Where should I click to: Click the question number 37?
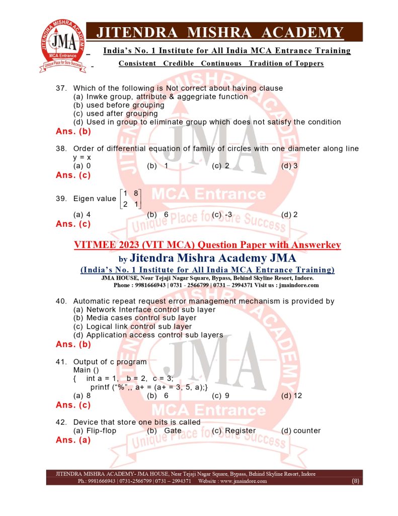[x=61, y=88]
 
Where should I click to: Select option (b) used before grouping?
[x=119, y=105]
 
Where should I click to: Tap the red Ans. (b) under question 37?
[x=73, y=132]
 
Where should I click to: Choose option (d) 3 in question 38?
[x=289, y=166]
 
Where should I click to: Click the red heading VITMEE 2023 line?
[x=207, y=245]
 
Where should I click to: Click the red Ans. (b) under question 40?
[x=73, y=345]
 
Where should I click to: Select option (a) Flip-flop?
[x=95, y=431]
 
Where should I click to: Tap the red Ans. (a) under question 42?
[x=73, y=440]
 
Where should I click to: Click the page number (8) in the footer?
[x=355, y=481]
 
